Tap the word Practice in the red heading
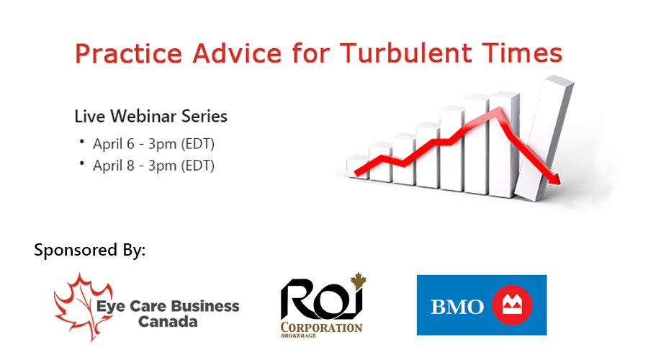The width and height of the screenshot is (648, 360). (129, 53)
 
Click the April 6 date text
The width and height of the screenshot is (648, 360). (114, 144)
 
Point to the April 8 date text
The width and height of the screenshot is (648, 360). (114, 166)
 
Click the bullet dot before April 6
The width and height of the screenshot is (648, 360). (82, 142)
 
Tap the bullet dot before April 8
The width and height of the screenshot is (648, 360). (82, 163)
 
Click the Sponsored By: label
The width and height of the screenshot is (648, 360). (90, 251)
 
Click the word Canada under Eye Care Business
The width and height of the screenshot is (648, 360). (168, 322)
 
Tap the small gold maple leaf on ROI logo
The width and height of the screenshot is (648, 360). (359, 280)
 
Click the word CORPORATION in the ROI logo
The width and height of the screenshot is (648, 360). (322, 328)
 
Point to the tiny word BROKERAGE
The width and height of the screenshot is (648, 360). (298, 336)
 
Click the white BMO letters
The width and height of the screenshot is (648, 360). (457, 307)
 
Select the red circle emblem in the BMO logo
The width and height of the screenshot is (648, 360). (512, 305)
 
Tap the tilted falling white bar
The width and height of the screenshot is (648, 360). (545, 138)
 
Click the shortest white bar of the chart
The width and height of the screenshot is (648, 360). (358, 166)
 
